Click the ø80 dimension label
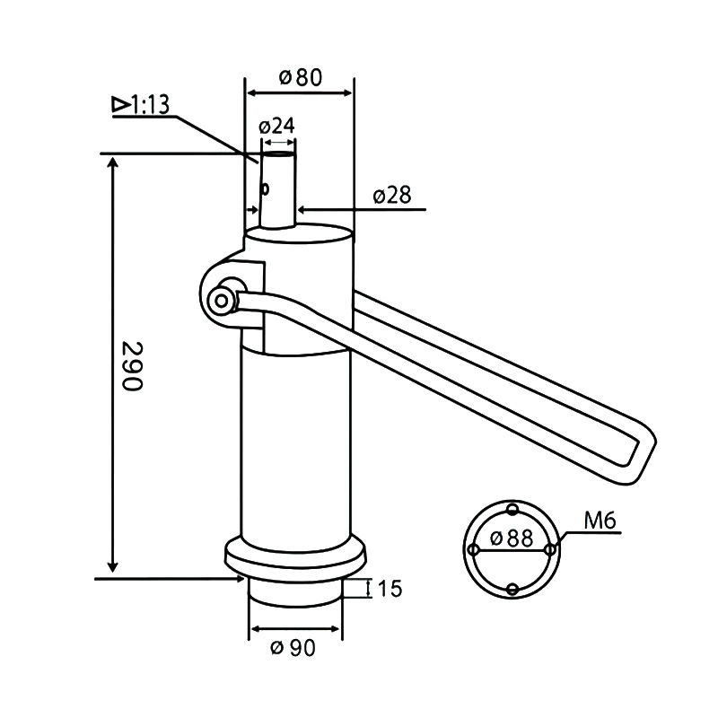pyautogui.click(x=300, y=78)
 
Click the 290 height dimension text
pyautogui.click(x=132, y=365)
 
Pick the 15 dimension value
pyautogui.click(x=389, y=589)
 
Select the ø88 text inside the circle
pyautogui.click(x=512, y=540)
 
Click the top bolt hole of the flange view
pyautogui.click(x=512, y=510)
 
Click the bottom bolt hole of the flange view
pyautogui.click(x=512, y=589)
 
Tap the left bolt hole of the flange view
pyautogui.click(x=473, y=549)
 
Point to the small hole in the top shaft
pyautogui.click(x=266, y=189)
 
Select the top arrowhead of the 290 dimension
pyautogui.click(x=112, y=162)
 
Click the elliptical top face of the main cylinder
pyautogui.click(x=299, y=236)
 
